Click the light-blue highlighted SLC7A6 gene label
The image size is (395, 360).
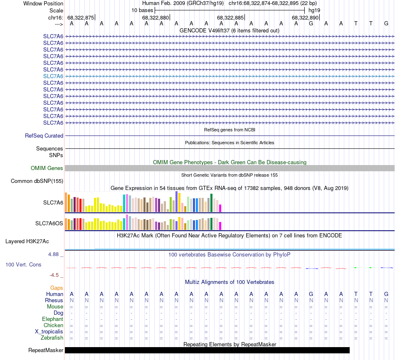point(53,76)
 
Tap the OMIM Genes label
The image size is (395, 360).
point(47,168)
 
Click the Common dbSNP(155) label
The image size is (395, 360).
point(37,181)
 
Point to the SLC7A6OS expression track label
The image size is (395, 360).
point(49,224)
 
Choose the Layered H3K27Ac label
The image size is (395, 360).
point(27,241)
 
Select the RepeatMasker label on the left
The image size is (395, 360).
point(46,350)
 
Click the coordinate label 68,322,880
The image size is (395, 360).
point(156,17)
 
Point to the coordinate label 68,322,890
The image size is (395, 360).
point(305,17)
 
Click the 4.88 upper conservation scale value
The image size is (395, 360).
point(56,254)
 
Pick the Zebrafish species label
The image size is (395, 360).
point(52,338)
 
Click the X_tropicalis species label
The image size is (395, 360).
point(49,332)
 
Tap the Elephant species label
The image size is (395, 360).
point(52,319)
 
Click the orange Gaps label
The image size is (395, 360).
point(57,288)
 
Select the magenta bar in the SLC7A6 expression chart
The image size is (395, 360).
point(220,208)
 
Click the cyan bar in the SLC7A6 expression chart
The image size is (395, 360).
point(124,203)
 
